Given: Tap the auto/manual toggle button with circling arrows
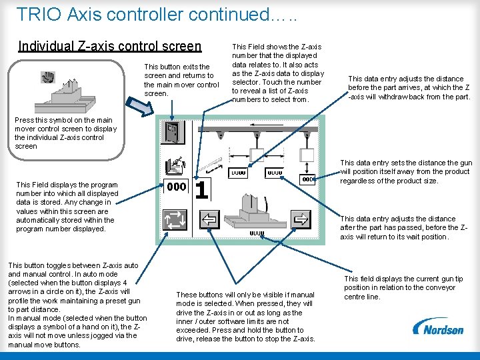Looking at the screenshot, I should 175,219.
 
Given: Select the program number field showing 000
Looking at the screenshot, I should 176,187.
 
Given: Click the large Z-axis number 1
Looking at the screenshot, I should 201,189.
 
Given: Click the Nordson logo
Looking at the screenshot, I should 438,327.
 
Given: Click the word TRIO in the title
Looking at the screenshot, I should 39,14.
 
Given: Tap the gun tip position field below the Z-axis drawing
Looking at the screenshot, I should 257,233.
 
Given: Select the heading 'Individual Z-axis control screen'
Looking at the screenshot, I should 109,46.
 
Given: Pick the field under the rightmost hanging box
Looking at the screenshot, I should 306,179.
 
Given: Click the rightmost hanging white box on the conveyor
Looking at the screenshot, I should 307,155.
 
